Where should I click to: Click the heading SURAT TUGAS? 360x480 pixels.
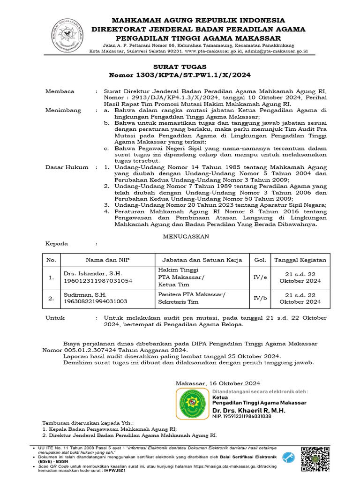(180, 67)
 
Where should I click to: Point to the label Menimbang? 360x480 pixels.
(63, 111)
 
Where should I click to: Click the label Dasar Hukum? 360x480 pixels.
(66, 167)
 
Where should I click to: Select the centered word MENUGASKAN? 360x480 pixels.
(186, 237)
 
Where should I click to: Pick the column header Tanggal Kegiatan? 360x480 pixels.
(300, 260)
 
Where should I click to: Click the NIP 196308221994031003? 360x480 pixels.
(95, 302)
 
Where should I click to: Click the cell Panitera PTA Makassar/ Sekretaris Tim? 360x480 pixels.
(191, 298)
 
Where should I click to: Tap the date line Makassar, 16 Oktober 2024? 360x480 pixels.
(218, 383)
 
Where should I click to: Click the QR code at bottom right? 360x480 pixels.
(315, 458)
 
